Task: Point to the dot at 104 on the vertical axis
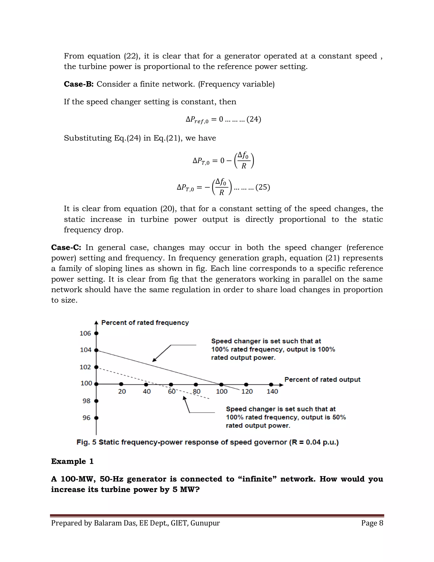(96, 350)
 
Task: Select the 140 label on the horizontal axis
(272, 391)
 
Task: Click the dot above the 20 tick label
(121, 384)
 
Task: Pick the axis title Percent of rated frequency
(145, 323)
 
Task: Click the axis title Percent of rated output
(322, 380)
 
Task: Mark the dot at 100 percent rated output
(221, 385)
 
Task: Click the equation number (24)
(254, 119)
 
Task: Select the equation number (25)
(263, 187)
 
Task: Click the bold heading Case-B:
(79, 84)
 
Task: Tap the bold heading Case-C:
(66, 247)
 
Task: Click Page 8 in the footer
(372, 523)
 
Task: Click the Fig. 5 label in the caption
(86, 442)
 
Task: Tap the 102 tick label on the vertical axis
(85, 367)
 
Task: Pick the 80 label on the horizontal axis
(197, 391)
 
